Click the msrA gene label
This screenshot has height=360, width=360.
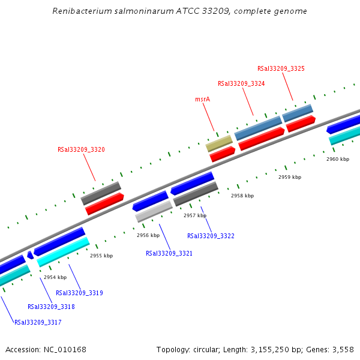(x=202, y=99)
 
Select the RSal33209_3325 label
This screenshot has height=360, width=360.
(x=281, y=69)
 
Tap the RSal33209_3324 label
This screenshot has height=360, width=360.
(x=241, y=84)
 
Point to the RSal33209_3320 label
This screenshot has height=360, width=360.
(x=81, y=150)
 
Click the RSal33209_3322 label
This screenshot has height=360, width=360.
(x=211, y=236)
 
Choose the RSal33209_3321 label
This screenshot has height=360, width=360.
(x=169, y=254)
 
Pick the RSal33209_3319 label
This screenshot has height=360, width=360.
(x=79, y=293)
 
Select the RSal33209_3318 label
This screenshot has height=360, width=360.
(x=51, y=307)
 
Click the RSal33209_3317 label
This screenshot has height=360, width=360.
(x=38, y=323)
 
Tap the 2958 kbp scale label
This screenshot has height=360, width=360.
(x=242, y=196)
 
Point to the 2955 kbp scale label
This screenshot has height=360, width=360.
(x=101, y=256)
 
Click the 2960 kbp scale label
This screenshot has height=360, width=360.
(x=337, y=160)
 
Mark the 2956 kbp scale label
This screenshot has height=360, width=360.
(x=148, y=236)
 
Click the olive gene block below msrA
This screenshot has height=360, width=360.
(x=219, y=143)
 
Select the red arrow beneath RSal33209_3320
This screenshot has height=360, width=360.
(x=104, y=205)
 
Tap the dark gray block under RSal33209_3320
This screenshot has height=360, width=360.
(x=101, y=193)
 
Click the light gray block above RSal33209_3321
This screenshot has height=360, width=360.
(x=154, y=211)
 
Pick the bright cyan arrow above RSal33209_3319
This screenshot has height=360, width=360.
(x=63, y=252)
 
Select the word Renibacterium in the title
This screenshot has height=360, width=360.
(x=79, y=11)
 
